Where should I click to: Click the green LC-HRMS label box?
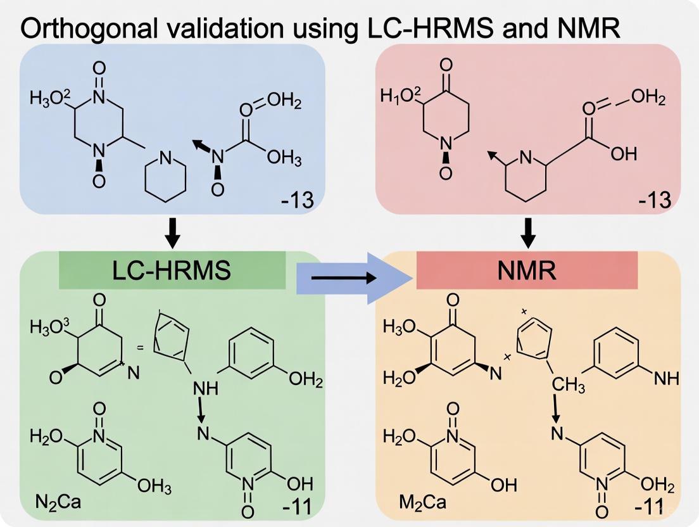(x=172, y=270)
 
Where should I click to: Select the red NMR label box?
(x=527, y=270)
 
